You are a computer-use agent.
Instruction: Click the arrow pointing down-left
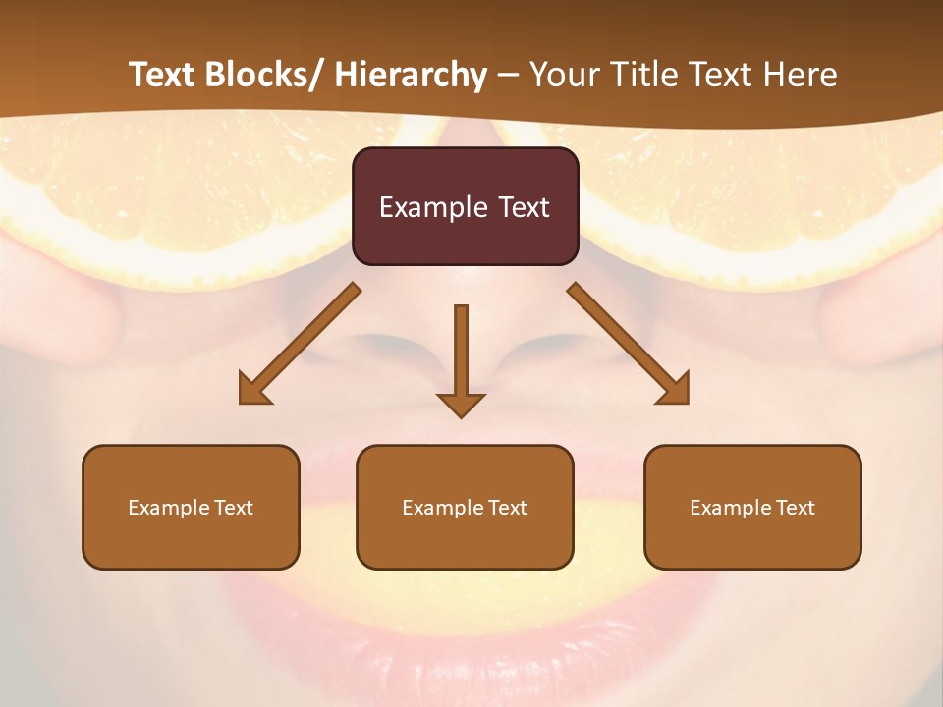(300, 344)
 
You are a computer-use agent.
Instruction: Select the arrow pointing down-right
(629, 344)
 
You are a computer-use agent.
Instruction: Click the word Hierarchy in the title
(411, 75)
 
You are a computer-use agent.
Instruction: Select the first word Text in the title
(163, 75)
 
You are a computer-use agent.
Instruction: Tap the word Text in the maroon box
(524, 207)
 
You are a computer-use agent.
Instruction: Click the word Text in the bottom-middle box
(508, 508)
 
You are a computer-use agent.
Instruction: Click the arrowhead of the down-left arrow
(253, 390)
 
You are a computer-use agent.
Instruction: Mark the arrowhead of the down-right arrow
(675, 390)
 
